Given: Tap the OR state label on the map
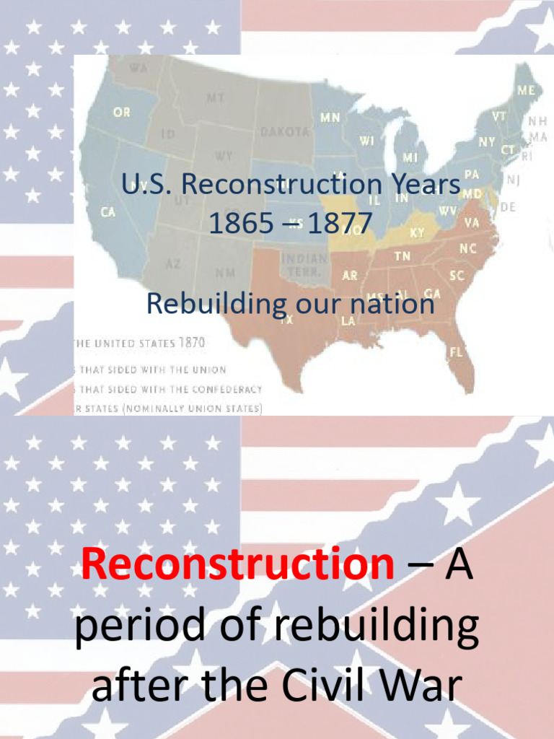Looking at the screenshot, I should [x=122, y=113].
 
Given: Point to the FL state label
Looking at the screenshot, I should [x=457, y=351].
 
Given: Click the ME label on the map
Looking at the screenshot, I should [x=526, y=91].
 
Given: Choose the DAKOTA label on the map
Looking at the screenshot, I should [x=285, y=132].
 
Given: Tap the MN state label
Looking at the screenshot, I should [x=330, y=116].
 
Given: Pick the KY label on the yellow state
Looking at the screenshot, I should [x=417, y=233].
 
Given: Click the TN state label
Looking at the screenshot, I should [x=402, y=256].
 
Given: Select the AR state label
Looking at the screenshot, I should [x=350, y=276].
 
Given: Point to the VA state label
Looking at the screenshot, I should [x=472, y=223].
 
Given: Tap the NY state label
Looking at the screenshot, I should [x=487, y=142].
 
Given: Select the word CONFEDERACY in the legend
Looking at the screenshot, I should [x=226, y=389].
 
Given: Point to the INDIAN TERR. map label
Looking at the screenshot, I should [x=303, y=263].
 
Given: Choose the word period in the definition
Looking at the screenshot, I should [x=137, y=628].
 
